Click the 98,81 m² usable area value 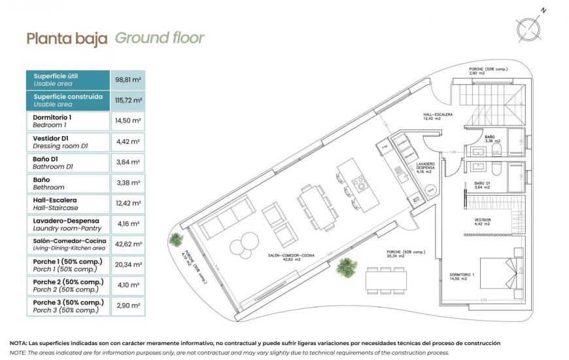point(128,80)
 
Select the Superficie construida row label point(68,100)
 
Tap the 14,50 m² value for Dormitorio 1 point(128,121)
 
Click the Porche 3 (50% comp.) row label point(68,306)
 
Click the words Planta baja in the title point(67,39)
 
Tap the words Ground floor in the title point(160,38)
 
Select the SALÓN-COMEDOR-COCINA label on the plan point(291,257)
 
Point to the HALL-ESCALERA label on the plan point(438,116)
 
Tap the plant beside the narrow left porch point(175,240)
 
